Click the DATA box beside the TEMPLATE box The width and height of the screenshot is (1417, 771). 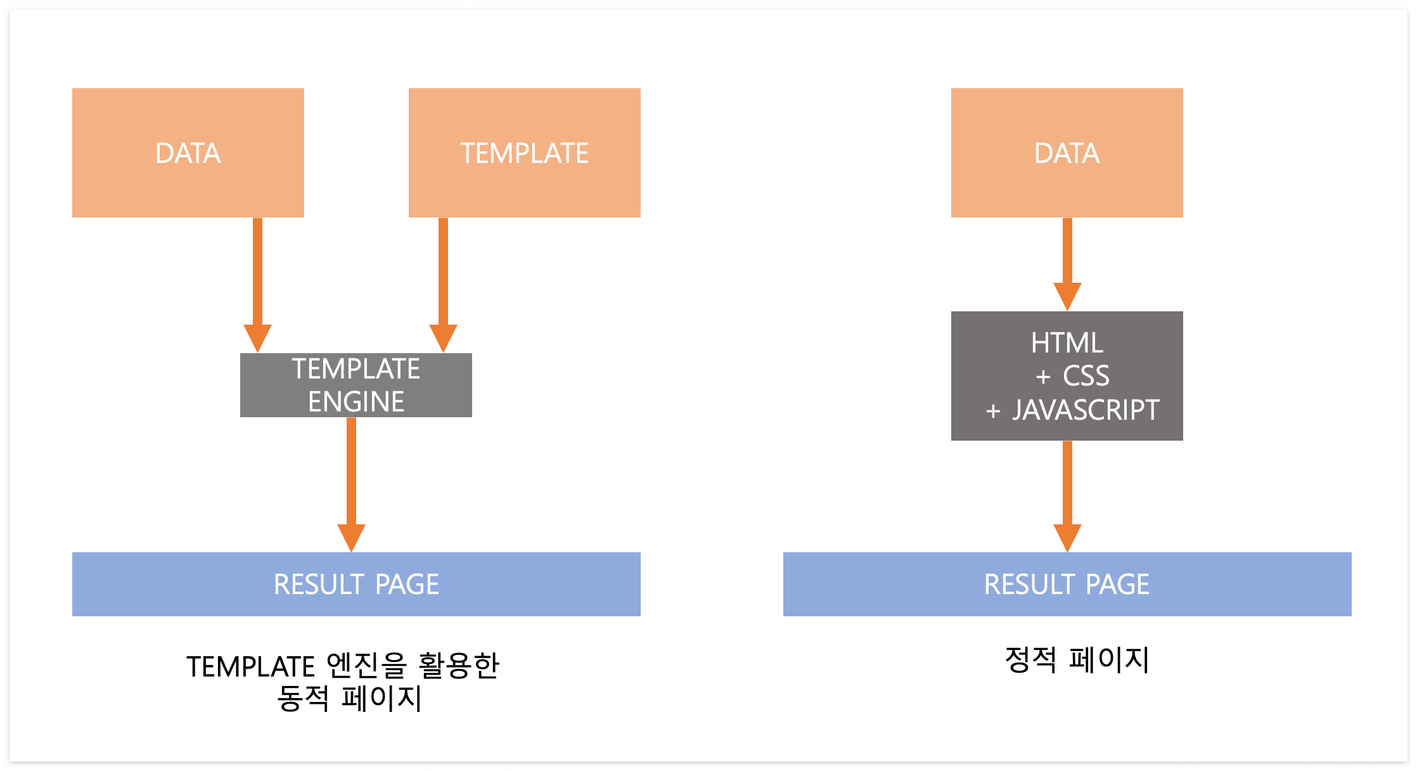click(x=188, y=153)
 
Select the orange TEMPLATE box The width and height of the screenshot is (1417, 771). click(x=524, y=153)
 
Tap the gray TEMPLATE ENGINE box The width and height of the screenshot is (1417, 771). click(x=356, y=385)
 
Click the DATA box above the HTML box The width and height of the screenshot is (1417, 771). click(x=1067, y=153)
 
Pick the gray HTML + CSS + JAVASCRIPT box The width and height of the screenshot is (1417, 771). click(x=1067, y=376)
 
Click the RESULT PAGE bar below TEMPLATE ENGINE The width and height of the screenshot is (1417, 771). click(x=356, y=584)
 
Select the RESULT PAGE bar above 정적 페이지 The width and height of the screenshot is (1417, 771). click(x=1067, y=584)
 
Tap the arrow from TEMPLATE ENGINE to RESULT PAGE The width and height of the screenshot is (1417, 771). click(x=351, y=482)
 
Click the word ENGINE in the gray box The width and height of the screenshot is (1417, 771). click(x=356, y=402)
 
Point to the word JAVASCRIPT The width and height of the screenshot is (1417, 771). click(x=1086, y=410)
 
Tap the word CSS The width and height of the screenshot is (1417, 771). click(x=1086, y=376)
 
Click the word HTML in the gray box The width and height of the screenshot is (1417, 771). click(x=1067, y=343)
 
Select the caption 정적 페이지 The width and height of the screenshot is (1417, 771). click(x=1077, y=659)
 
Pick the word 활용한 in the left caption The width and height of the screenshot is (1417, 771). click(x=459, y=666)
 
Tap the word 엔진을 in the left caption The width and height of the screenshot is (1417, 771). click(x=366, y=666)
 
